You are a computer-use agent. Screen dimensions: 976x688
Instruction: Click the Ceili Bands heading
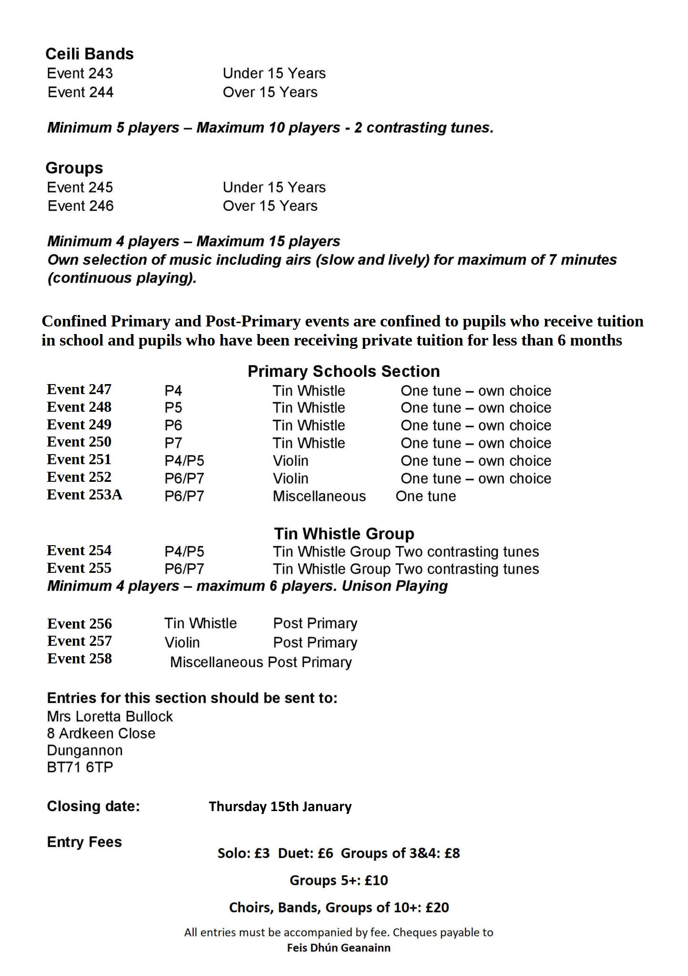coord(90,54)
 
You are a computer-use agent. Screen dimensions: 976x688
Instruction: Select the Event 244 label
coord(81,92)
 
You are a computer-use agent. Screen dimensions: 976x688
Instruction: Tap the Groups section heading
coord(74,168)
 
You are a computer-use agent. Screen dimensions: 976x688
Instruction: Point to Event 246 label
coord(81,206)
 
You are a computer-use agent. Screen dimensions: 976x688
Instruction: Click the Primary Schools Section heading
coord(343,371)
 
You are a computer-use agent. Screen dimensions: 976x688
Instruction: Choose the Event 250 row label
coord(79,442)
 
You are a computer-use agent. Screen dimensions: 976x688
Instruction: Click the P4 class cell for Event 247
coord(173,391)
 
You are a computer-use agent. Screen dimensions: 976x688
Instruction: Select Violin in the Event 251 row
coord(290,461)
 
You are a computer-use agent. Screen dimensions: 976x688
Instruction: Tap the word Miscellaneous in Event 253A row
coord(319,496)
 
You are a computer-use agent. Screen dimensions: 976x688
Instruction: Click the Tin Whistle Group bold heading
coord(344,533)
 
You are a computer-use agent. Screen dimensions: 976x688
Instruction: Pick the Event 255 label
coord(79,568)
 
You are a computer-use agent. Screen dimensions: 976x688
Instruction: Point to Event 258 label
coord(80,659)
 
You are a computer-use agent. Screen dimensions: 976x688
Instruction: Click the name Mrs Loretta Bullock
coord(110,716)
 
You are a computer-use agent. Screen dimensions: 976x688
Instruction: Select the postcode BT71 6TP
coord(80,767)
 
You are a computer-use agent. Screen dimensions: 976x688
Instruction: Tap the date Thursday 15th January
coord(280,806)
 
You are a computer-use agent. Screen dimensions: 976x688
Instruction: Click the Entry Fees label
coord(84,842)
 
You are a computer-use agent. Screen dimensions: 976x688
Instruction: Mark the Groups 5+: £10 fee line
coord(339,880)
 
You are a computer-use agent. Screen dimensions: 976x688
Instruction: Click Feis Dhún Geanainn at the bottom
coord(339,948)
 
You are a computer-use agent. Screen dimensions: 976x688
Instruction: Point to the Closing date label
coord(93,806)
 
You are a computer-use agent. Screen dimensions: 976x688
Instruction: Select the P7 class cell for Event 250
coord(173,443)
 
